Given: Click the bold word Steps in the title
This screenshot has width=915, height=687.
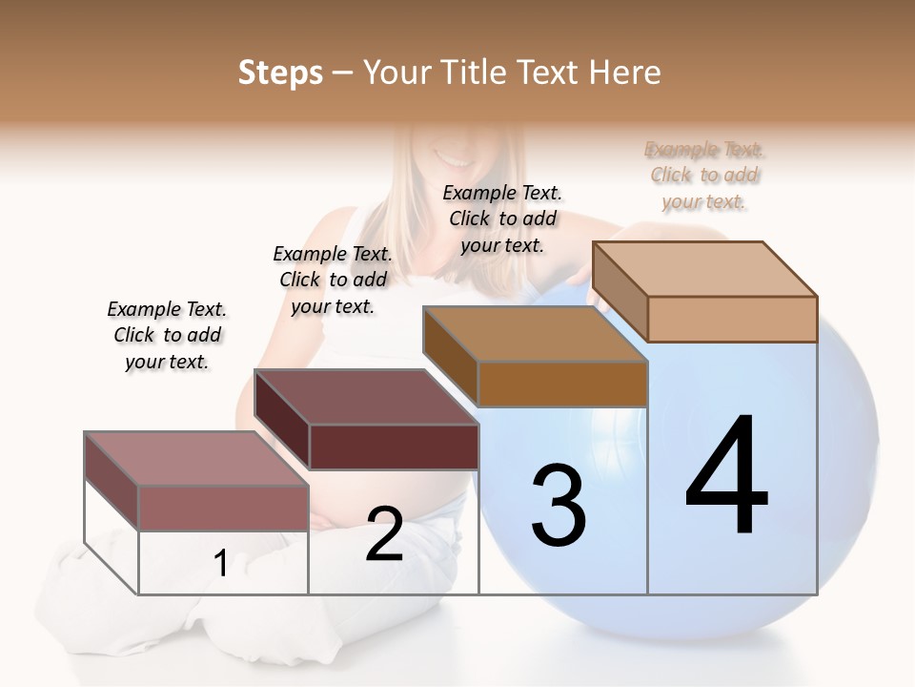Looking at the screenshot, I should tap(280, 73).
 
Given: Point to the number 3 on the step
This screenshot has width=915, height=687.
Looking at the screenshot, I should tap(559, 506).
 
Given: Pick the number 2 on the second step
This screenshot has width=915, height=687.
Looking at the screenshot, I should tap(385, 534).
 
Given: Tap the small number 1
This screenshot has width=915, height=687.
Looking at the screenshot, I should tap(221, 564).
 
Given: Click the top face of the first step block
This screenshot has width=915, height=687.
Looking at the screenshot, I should tap(195, 458).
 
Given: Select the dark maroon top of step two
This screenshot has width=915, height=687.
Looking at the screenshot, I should tap(365, 396).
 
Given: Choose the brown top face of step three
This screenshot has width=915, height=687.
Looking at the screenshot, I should tap(534, 334).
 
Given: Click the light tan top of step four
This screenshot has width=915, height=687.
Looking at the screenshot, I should tap(703, 268).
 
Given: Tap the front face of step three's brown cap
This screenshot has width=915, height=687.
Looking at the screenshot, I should tap(562, 385).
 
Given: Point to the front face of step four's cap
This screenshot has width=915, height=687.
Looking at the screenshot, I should tap(732, 319).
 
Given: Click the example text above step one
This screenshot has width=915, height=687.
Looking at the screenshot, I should tap(167, 335).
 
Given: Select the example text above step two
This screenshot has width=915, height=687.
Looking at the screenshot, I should tap(333, 280).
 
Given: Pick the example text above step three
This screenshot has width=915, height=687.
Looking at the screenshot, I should tap(502, 219).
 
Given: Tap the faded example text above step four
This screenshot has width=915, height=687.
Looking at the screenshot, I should tap(704, 175).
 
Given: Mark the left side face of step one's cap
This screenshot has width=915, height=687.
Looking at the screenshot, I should tap(112, 481).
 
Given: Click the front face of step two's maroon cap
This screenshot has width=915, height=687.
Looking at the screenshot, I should tap(394, 447).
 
